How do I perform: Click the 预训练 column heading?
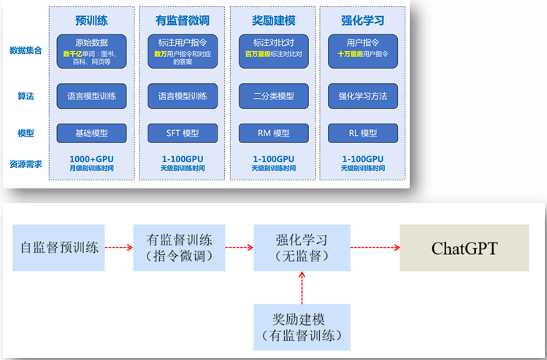coord(91,20)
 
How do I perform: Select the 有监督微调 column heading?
coord(183,20)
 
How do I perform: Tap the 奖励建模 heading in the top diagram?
coord(273,20)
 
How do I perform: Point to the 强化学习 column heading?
coord(362,20)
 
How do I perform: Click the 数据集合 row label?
coord(26,50)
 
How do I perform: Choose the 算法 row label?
coord(26,96)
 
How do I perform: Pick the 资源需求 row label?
coord(26,164)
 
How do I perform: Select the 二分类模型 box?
coord(274,96)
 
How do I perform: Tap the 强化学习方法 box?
coord(363,96)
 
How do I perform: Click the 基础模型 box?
coord(92,133)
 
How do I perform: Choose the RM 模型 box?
coord(274,133)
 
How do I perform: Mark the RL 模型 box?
coord(363,133)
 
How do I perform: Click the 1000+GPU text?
coord(92,158)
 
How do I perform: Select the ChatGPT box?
coord(464,248)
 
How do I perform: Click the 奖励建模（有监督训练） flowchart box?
coord(302,327)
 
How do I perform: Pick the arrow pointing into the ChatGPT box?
coord(374,248)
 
